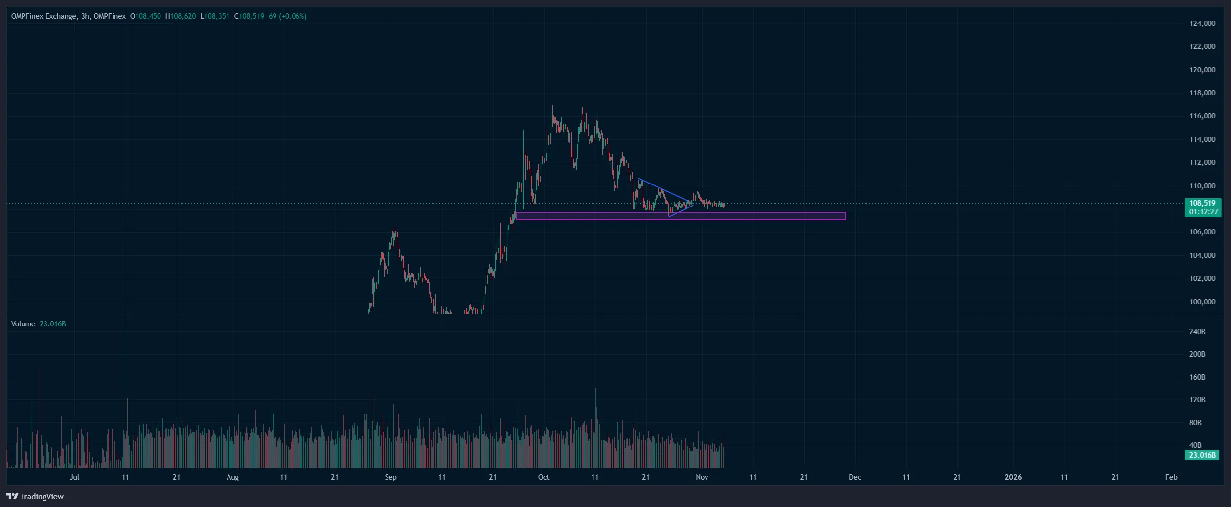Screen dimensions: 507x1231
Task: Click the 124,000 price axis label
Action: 1202,23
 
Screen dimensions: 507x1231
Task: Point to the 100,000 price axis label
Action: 1202,301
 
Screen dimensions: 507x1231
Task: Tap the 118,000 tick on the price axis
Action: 1202,93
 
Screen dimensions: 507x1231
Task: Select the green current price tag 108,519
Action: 1202,203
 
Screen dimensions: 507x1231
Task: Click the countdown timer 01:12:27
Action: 1203,212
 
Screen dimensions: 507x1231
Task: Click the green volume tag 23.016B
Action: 1202,455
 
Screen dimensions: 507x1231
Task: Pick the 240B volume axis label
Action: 1197,332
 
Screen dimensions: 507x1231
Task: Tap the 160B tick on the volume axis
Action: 1197,377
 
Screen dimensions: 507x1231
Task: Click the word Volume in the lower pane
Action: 23,324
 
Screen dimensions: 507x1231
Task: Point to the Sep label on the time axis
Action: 390,477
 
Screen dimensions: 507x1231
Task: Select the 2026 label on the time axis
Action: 1013,477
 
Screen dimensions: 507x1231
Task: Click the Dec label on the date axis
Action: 855,477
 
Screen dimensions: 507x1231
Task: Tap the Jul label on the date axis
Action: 74,477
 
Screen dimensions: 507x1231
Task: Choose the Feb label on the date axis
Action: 1171,477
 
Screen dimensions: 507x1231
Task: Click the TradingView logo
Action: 35,496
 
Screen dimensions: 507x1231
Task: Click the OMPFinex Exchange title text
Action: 44,16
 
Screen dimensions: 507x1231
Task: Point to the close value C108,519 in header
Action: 249,16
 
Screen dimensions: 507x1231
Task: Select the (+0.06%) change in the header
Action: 293,16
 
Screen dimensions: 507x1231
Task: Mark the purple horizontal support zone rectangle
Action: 681,216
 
